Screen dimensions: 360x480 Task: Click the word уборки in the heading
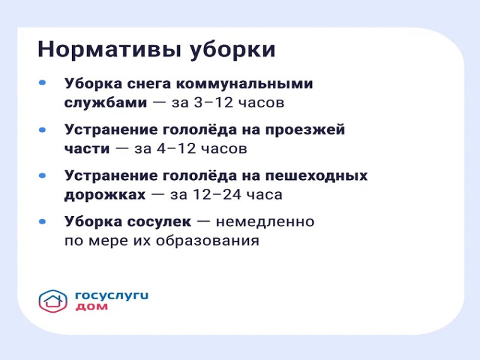[x=232, y=50]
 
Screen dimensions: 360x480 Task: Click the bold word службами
[x=105, y=102]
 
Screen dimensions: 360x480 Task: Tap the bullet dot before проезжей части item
[x=42, y=129]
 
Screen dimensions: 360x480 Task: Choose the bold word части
[x=87, y=149]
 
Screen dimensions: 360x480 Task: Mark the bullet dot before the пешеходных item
[x=42, y=175]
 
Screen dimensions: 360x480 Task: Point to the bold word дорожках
[x=105, y=195]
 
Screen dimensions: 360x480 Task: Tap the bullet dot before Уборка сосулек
[x=42, y=222]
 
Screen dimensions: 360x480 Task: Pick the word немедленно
[x=265, y=223]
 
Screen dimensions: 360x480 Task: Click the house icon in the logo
[x=53, y=301]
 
